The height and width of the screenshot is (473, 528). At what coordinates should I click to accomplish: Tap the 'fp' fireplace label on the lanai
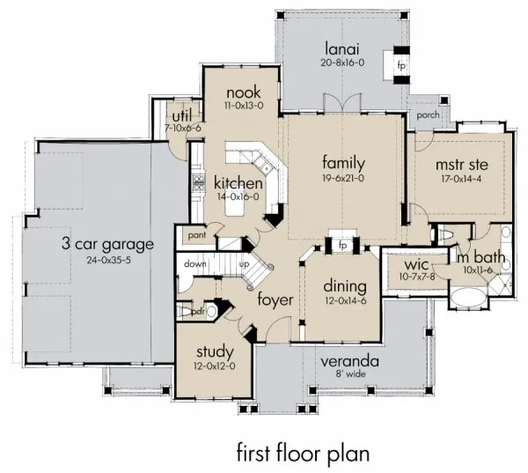point(401,66)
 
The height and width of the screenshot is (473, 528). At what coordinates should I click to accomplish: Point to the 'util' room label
point(180,115)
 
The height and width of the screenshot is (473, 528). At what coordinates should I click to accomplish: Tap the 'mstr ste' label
point(461,164)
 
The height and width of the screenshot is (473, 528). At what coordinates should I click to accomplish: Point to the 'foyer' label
point(275,299)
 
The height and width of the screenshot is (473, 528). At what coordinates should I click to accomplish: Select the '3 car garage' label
point(107,244)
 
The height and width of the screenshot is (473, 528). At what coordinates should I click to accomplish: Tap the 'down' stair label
point(194,263)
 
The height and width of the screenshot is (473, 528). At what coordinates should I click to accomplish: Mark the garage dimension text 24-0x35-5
point(107,260)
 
